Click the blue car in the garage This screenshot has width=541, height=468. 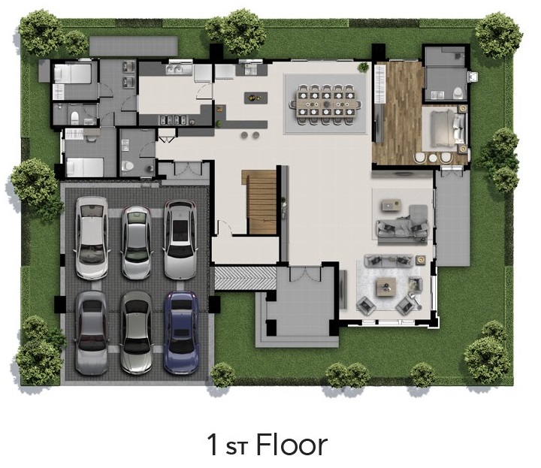point(181,333)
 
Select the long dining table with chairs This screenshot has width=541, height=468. point(326,104)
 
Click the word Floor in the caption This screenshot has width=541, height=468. point(292,445)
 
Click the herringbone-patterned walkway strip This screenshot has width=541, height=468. point(245,278)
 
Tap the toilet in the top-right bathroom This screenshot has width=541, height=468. point(458,92)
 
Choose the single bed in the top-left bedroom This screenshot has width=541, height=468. point(72,73)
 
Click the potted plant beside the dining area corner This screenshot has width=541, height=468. point(363,67)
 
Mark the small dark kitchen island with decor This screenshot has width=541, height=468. point(255,98)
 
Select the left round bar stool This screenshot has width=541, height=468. point(245,135)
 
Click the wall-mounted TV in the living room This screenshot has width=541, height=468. point(343,288)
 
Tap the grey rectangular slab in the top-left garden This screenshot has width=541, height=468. point(134,47)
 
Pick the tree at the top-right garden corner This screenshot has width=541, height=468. point(498,35)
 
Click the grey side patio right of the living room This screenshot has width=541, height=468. point(452,218)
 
